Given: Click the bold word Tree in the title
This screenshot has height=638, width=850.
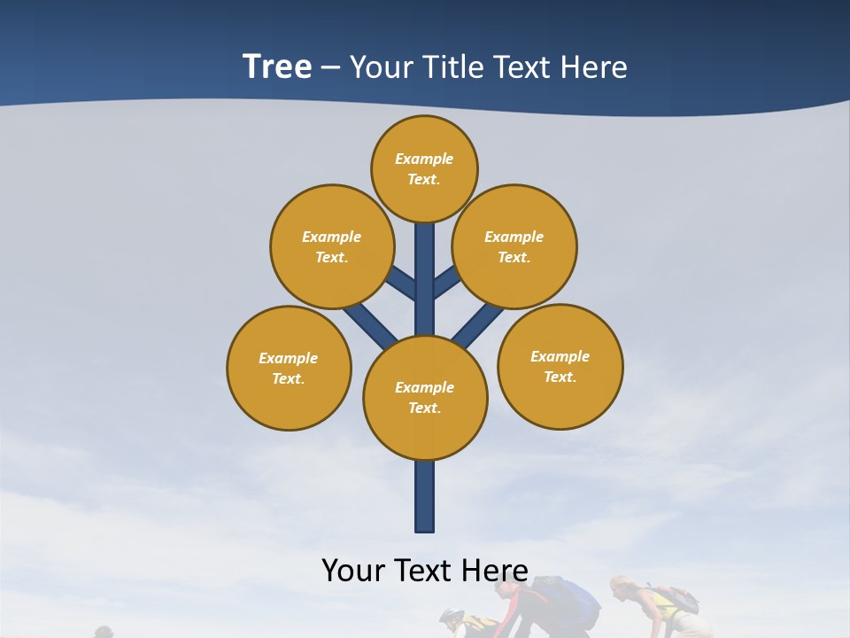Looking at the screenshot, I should point(277,67).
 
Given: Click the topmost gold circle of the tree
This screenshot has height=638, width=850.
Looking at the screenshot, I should point(424,168).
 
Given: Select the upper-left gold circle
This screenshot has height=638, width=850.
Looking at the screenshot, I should point(332,246).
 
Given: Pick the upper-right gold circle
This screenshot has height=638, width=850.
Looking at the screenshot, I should point(514,246).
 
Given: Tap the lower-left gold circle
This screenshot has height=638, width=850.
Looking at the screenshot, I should point(289,368).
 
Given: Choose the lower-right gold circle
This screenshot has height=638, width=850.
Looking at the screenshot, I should point(560,366).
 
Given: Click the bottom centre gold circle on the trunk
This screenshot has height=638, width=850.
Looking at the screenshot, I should point(425,398).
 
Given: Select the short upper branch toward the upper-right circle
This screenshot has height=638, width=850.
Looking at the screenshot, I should point(446,283).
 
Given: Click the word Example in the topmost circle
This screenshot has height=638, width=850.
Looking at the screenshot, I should point(424,159).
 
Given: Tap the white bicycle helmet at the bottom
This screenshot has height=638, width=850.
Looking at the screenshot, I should point(452,616).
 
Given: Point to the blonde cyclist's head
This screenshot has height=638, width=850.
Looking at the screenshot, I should point(622,587).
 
